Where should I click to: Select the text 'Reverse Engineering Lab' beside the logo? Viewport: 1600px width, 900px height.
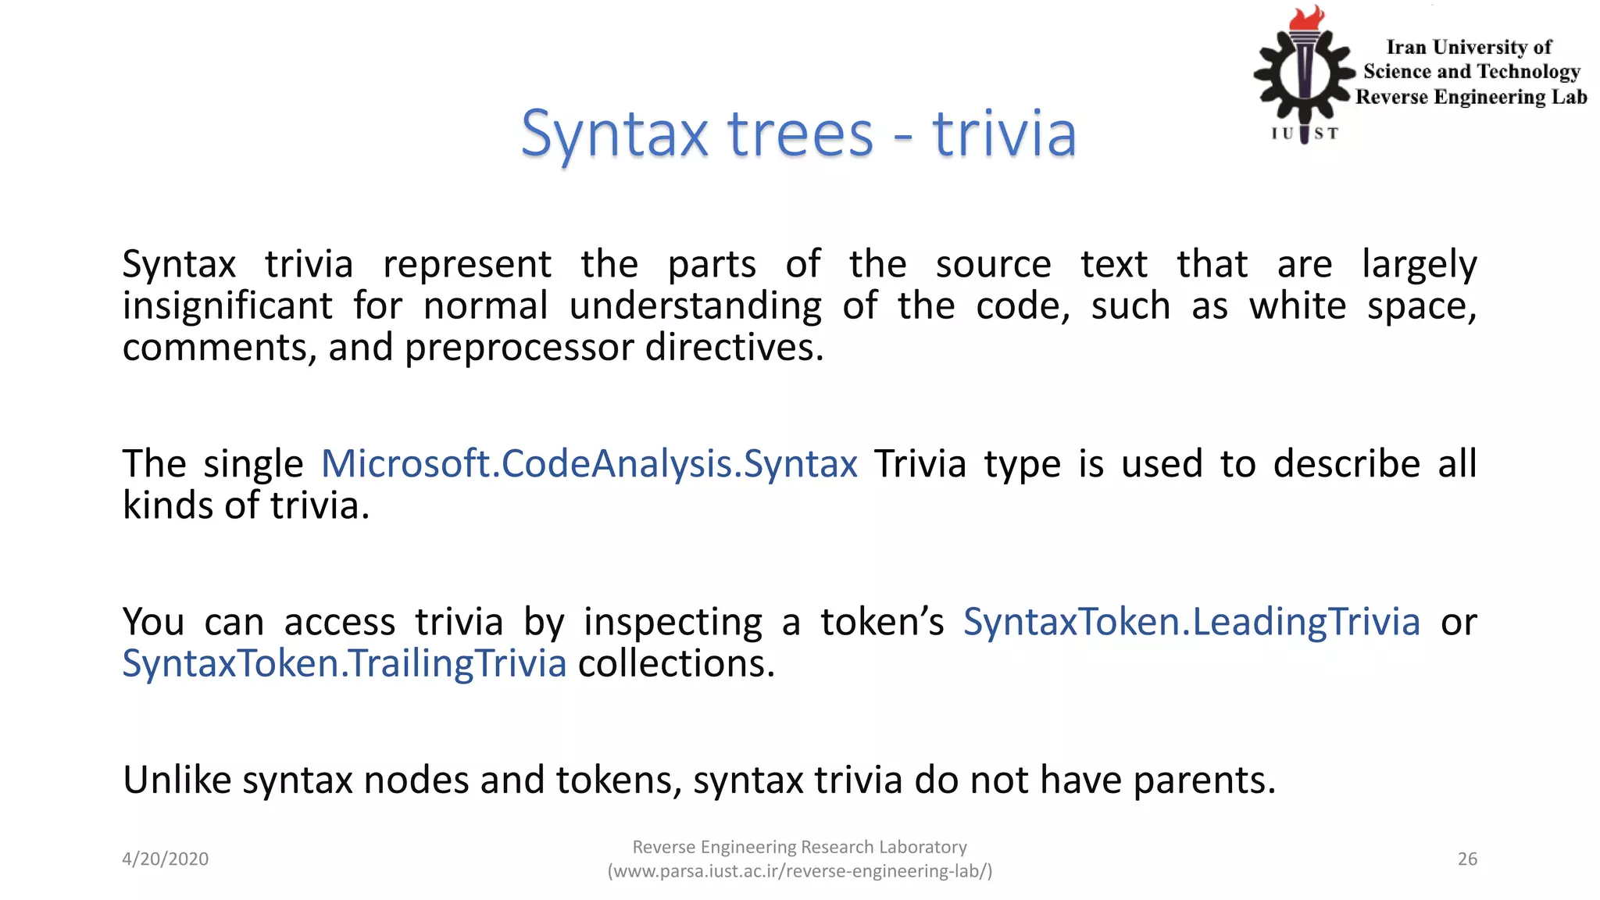point(1471,97)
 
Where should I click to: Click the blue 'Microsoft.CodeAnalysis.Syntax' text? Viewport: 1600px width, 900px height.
point(589,464)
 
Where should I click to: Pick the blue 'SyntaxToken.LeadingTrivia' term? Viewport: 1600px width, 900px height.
point(1191,622)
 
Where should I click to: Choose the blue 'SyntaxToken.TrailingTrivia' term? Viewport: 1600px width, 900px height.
point(344,663)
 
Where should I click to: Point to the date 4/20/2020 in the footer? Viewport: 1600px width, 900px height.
point(165,859)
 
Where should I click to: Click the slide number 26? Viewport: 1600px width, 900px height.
point(1467,859)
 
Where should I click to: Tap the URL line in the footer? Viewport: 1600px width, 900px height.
point(800,871)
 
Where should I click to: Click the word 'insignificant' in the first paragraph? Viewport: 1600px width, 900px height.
point(227,305)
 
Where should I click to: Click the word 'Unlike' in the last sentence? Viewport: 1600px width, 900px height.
point(177,780)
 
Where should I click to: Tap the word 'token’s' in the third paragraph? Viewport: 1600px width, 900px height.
point(882,622)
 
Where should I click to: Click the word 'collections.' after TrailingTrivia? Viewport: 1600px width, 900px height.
point(676,663)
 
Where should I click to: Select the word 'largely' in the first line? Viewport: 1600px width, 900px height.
point(1419,264)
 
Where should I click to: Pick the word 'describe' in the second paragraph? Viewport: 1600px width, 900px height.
point(1346,464)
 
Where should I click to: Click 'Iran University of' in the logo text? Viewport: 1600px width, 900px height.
point(1468,48)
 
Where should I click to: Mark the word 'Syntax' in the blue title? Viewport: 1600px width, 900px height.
point(614,134)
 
